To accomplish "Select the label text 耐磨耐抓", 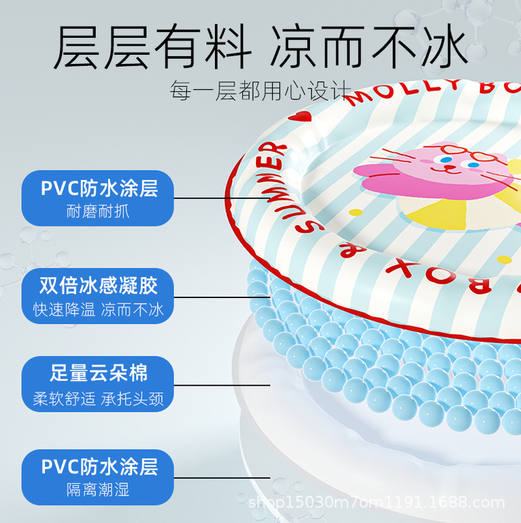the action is tap(98, 212).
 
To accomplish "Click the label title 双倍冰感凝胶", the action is tap(99, 286).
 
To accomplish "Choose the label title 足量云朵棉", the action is tap(99, 374).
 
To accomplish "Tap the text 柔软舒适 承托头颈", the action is tap(99, 398).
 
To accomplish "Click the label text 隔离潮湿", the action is tap(99, 490).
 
